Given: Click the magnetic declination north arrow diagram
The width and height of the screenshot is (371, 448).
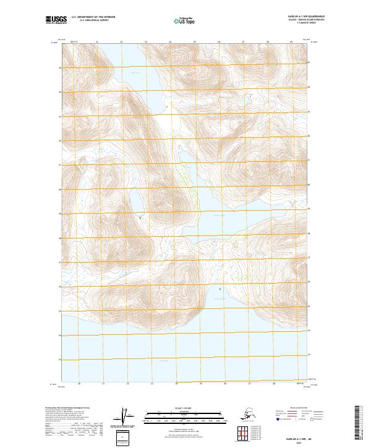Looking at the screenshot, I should tap(125, 417).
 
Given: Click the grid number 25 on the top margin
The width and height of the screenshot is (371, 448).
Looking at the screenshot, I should tap(194, 42).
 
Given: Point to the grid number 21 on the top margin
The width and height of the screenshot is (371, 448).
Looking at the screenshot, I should tap(97, 42).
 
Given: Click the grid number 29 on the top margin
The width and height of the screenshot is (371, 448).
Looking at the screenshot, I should tap(291, 42).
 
